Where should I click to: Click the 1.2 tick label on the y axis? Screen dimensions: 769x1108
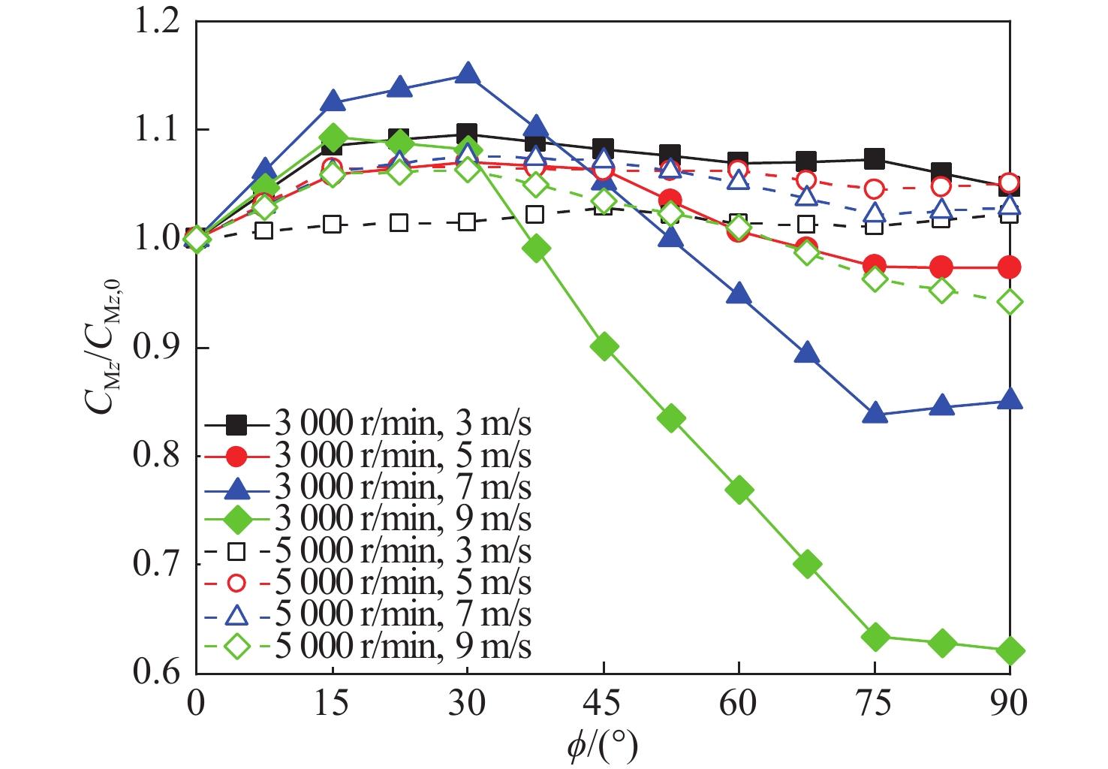(156, 21)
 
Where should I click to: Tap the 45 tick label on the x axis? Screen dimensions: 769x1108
(603, 704)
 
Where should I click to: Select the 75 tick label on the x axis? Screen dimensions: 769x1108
(874, 704)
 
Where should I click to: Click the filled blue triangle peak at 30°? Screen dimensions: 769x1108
(468, 74)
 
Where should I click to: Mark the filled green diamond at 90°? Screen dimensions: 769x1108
(1010, 650)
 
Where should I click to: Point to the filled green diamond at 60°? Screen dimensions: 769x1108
(739, 490)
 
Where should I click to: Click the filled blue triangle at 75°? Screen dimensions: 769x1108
(875, 414)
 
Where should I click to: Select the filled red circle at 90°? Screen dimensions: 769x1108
(1010, 267)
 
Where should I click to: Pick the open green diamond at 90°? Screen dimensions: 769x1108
(1010, 302)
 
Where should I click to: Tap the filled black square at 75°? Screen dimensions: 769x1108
(874, 158)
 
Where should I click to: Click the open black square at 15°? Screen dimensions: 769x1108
(333, 224)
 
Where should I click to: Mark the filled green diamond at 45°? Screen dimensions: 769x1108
(604, 346)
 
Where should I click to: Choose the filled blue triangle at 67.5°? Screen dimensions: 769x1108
(806, 353)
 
